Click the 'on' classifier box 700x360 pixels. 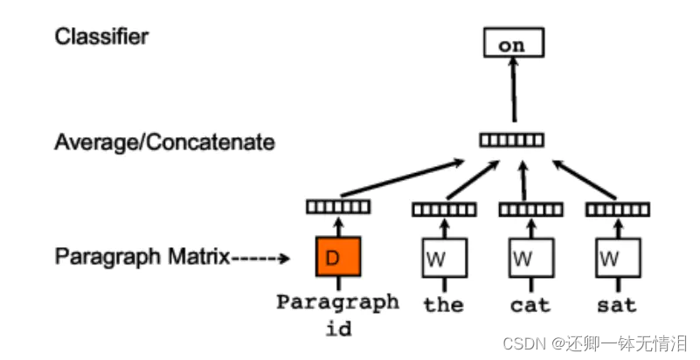point(512,44)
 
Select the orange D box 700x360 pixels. point(338,257)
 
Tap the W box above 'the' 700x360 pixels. point(444,258)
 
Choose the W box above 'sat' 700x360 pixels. point(617,258)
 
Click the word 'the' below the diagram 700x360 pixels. point(443,305)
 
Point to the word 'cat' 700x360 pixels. point(530,305)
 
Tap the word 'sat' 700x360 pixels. point(617,305)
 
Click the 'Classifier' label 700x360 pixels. point(101,37)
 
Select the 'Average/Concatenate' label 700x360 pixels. point(164,141)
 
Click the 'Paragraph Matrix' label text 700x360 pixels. point(142,257)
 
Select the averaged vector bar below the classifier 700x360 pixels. point(512,140)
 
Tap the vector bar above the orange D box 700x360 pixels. point(338,207)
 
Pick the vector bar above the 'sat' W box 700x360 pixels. point(617,210)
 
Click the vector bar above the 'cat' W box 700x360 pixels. point(530,210)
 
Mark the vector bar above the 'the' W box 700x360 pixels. point(444,210)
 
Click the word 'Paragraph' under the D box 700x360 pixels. point(337,302)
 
